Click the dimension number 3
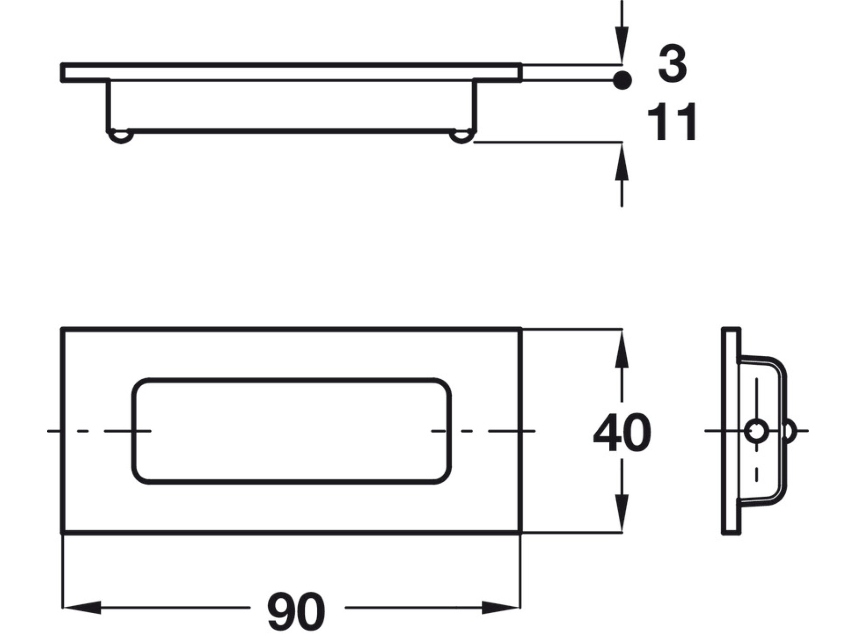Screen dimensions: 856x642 pyautogui.click(x=672, y=63)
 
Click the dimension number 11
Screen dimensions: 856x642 pyautogui.click(x=672, y=122)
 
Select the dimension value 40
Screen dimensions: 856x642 pyautogui.click(x=622, y=433)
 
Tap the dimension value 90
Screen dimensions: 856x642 pyautogui.click(x=296, y=611)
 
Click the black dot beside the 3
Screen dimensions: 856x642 pyautogui.click(x=622, y=80)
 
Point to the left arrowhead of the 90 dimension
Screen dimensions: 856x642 pyautogui.click(x=82, y=607)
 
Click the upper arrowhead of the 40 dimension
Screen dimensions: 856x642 pyautogui.click(x=622, y=349)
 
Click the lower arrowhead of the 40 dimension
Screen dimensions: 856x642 pyautogui.click(x=622, y=513)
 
